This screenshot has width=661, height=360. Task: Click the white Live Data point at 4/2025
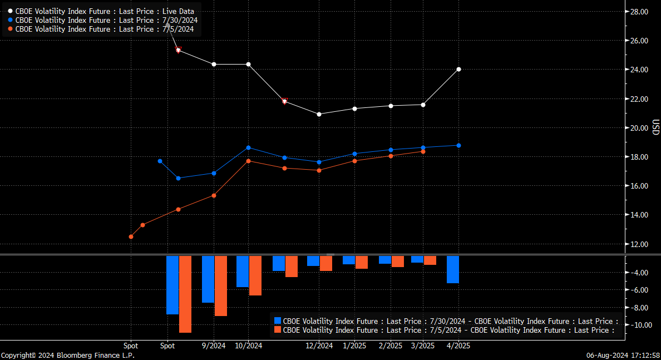point(458,69)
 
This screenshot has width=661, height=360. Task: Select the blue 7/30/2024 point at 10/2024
point(248,147)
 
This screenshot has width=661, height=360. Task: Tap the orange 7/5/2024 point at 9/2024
point(214,195)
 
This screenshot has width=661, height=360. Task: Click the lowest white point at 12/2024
point(319,114)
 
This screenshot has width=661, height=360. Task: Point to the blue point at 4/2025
point(458,145)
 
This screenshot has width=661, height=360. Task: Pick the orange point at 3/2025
point(423,151)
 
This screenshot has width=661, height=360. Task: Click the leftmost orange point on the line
point(131,236)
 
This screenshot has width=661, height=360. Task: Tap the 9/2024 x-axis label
point(214,346)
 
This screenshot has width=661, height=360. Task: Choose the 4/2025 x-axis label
point(458,346)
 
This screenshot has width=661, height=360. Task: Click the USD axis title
point(656,127)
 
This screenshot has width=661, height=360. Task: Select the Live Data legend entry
point(105,11)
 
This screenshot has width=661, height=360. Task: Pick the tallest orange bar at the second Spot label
point(185,294)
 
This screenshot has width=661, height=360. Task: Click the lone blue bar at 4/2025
point(452,269)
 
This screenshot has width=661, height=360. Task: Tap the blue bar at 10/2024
point(242,271)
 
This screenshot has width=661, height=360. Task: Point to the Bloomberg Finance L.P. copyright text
point(67,355)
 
